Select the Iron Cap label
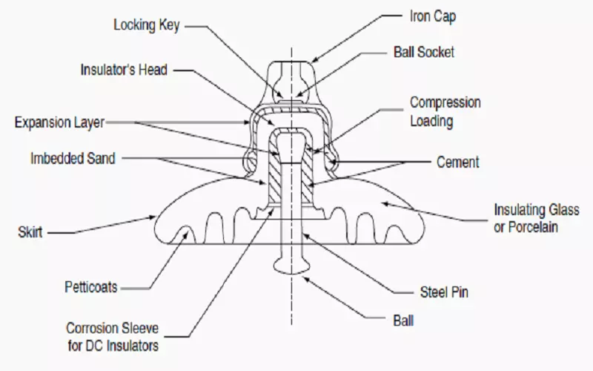point(432,16)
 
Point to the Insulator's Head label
point(124,70)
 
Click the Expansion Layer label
point(59,122)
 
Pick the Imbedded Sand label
point(73,158)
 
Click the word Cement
point(458,162)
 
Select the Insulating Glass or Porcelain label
point(525,218)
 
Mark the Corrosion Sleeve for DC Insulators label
point(112,335)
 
